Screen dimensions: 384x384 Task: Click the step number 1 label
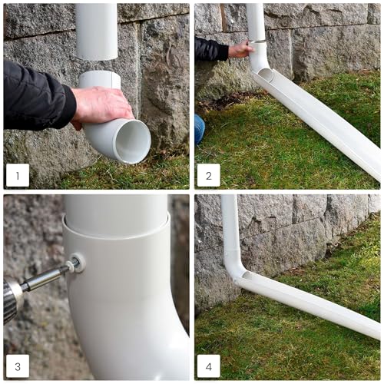pyautogui.click(x=18, y=175)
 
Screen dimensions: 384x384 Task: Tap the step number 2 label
pyautogui.click(x=209, y=175)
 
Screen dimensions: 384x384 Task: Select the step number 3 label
pyautogui.click(x=18, y=366)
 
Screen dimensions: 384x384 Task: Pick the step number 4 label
pyautogui.click(x=209, y=366)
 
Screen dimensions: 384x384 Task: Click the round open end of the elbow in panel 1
pyautogui.click(x=133, y=141)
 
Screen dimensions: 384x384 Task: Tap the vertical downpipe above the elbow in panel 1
pyautogui.click(x=97, y=31)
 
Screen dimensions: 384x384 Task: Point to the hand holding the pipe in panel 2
pyautogui.click(x=240, y=48)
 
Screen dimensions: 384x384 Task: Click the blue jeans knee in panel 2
pyautogui.click(x=200, y=129)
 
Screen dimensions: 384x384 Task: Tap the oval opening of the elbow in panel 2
pyautogui.click(x=266, y=74)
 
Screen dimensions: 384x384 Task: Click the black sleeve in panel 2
pyautogui.click(x=210, y=48)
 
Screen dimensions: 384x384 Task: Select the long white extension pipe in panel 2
pyautogui.click(x=316, y=123)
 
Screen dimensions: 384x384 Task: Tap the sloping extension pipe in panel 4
pyautogui.click(x=307, y=305)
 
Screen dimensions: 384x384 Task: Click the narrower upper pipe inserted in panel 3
pyautogui.click(x=116, y=214)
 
